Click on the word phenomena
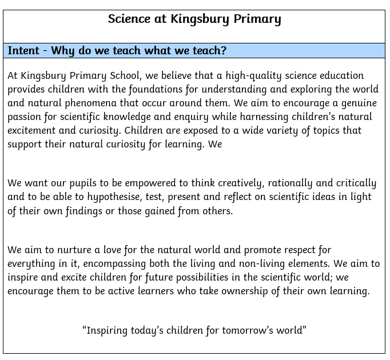pyautogui.click(x=90, y=103)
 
